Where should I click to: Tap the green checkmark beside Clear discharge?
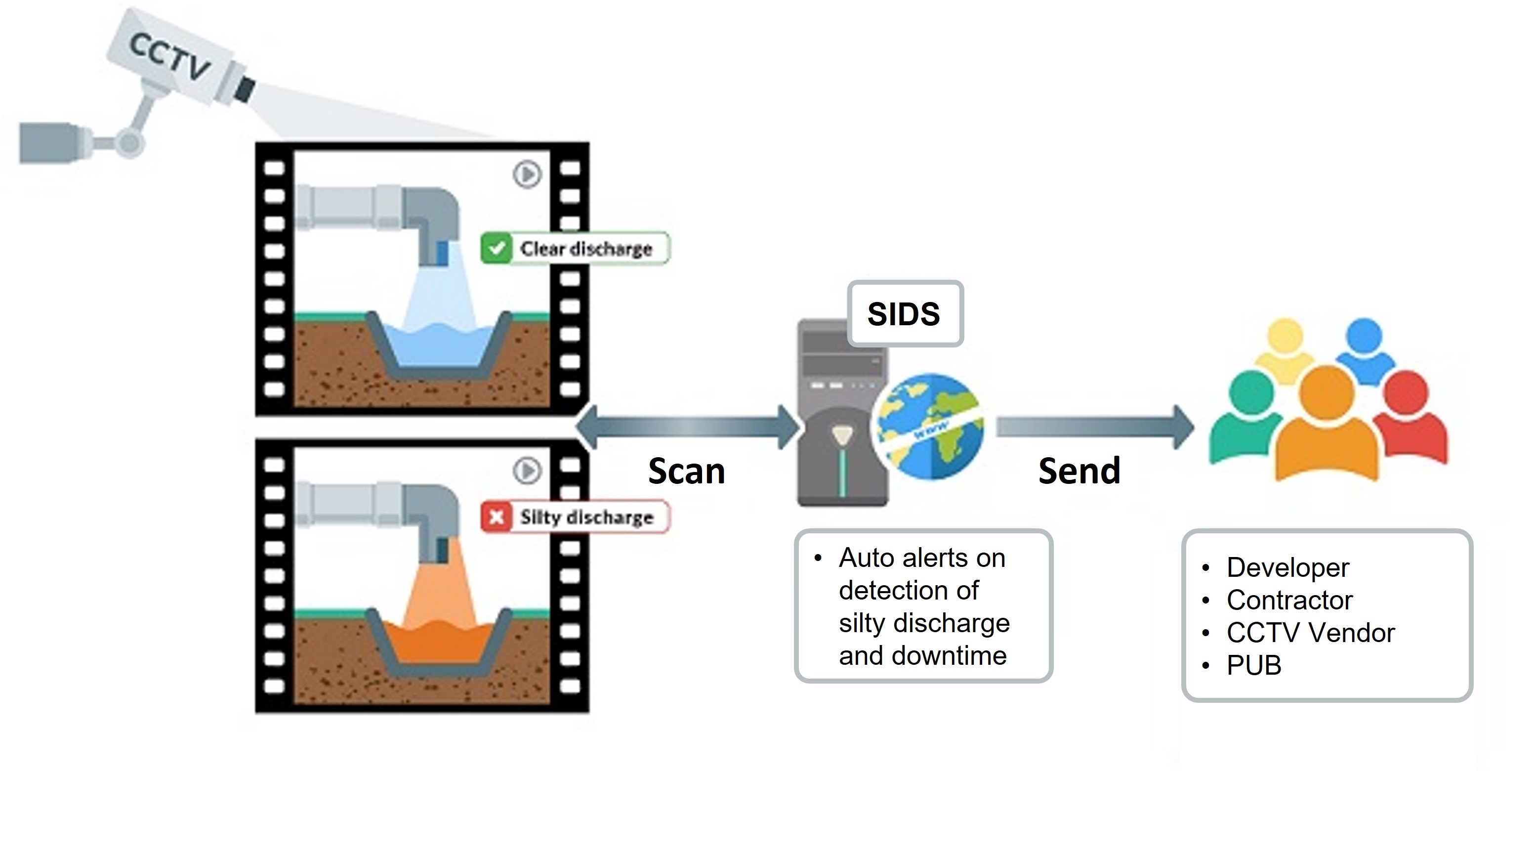click(496, 248)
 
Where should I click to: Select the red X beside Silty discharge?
click(496, 517)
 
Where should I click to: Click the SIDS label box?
click(905, 314)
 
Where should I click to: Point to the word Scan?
click(686, 472)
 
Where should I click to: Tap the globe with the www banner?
click(928, 426)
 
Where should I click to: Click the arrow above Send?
click(1095, 427)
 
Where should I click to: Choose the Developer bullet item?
click(1287, 567)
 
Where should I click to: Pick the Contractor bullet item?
click(1289, 600)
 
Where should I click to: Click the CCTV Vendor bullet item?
click(1310, 633)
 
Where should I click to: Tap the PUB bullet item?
click(1253, 666)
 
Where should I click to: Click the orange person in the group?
click(1327, 430)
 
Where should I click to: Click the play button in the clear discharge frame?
click(527, 174)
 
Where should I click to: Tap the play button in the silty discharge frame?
click(527, 471)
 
